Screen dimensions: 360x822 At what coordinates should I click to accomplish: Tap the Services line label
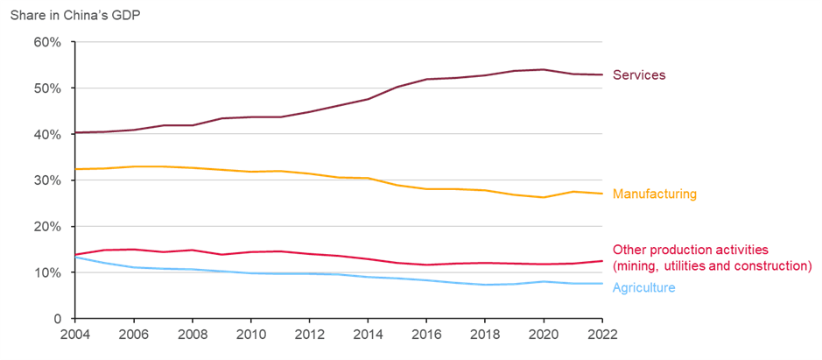[638, 75]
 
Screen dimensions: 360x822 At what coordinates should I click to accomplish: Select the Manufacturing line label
[654, 194]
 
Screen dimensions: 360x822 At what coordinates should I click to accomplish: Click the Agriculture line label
[643, 287]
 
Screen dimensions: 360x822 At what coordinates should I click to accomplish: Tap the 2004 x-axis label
[75, 334]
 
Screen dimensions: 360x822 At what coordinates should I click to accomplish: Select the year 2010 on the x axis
[250, 334]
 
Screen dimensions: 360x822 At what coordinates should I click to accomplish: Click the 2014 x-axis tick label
[368, 334]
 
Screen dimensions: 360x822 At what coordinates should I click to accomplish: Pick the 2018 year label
[485, 334]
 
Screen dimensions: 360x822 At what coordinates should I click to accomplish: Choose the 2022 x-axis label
[602, 334]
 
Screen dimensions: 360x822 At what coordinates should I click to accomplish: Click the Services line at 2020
[544, 69]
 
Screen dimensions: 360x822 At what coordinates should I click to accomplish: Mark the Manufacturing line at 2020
[544, 197]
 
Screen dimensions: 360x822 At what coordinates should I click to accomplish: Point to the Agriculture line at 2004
[76, 257]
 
